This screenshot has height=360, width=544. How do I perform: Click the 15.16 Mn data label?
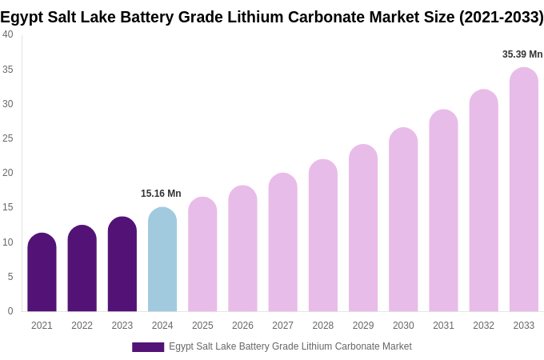[161, 194]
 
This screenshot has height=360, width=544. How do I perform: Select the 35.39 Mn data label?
[522, 54]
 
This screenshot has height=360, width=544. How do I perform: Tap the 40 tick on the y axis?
[8, 34]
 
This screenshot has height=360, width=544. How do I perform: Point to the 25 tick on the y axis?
[8, 138]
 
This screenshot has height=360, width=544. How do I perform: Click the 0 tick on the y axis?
[10, 311]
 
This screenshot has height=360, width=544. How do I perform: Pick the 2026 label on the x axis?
[242, 326]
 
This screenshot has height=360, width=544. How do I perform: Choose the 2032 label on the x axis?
[483, 326]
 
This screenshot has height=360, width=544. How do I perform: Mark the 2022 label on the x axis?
[82, 326]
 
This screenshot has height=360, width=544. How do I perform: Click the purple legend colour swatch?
[148, 347]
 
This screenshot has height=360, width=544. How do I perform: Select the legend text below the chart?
[290, 346]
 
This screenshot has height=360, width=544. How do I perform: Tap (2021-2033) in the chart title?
[501, 17]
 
